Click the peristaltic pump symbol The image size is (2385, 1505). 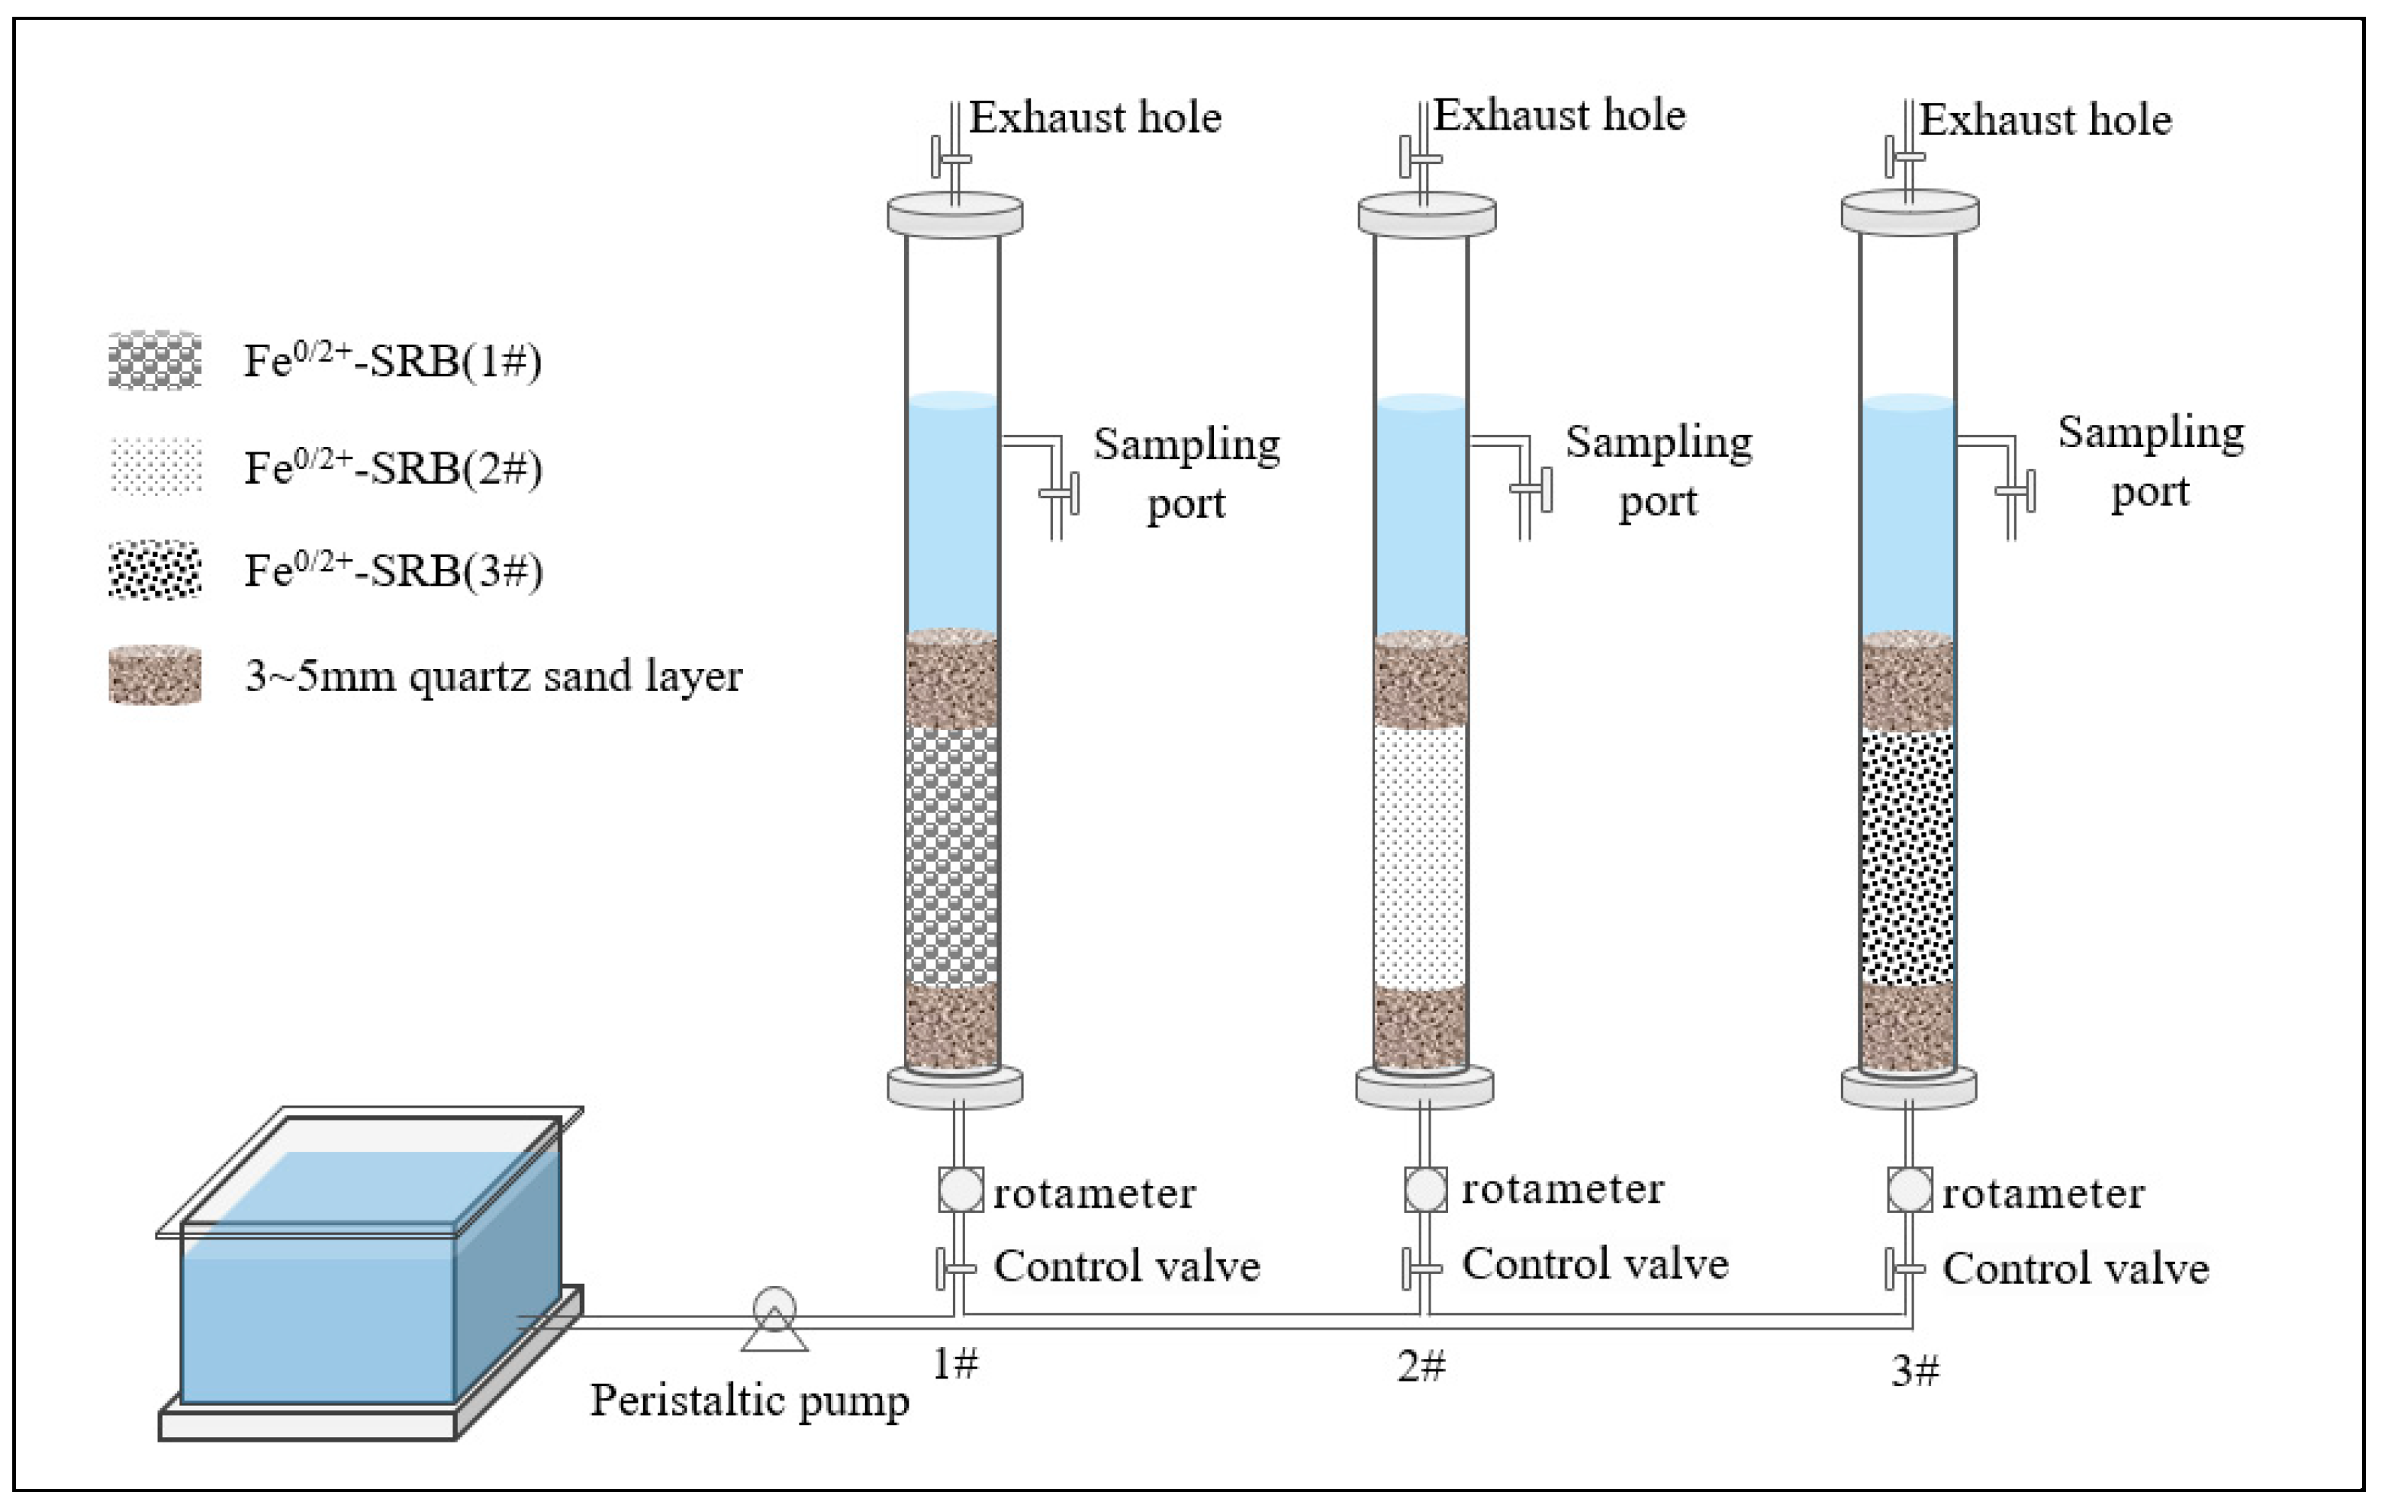tap(774, 1317)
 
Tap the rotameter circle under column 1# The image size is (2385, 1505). tap(960, 1190)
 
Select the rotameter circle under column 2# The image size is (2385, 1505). tap(1425, 1189)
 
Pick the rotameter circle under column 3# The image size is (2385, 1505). tap(1910, 1190)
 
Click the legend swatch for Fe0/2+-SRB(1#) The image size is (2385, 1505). tap(155, 360)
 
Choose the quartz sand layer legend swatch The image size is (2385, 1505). tap(155, 675)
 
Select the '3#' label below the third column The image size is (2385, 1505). tap(1914, 1370)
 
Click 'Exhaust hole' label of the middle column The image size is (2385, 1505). tap(1560, 116)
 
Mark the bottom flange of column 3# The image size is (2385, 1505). tap(1909, 1087)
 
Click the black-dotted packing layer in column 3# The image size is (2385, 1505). tap(1907, 857)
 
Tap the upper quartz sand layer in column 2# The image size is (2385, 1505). tap(1421, 680)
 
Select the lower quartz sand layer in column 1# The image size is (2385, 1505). tap(953, 1027)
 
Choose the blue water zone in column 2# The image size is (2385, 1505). tap(1421, 515)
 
